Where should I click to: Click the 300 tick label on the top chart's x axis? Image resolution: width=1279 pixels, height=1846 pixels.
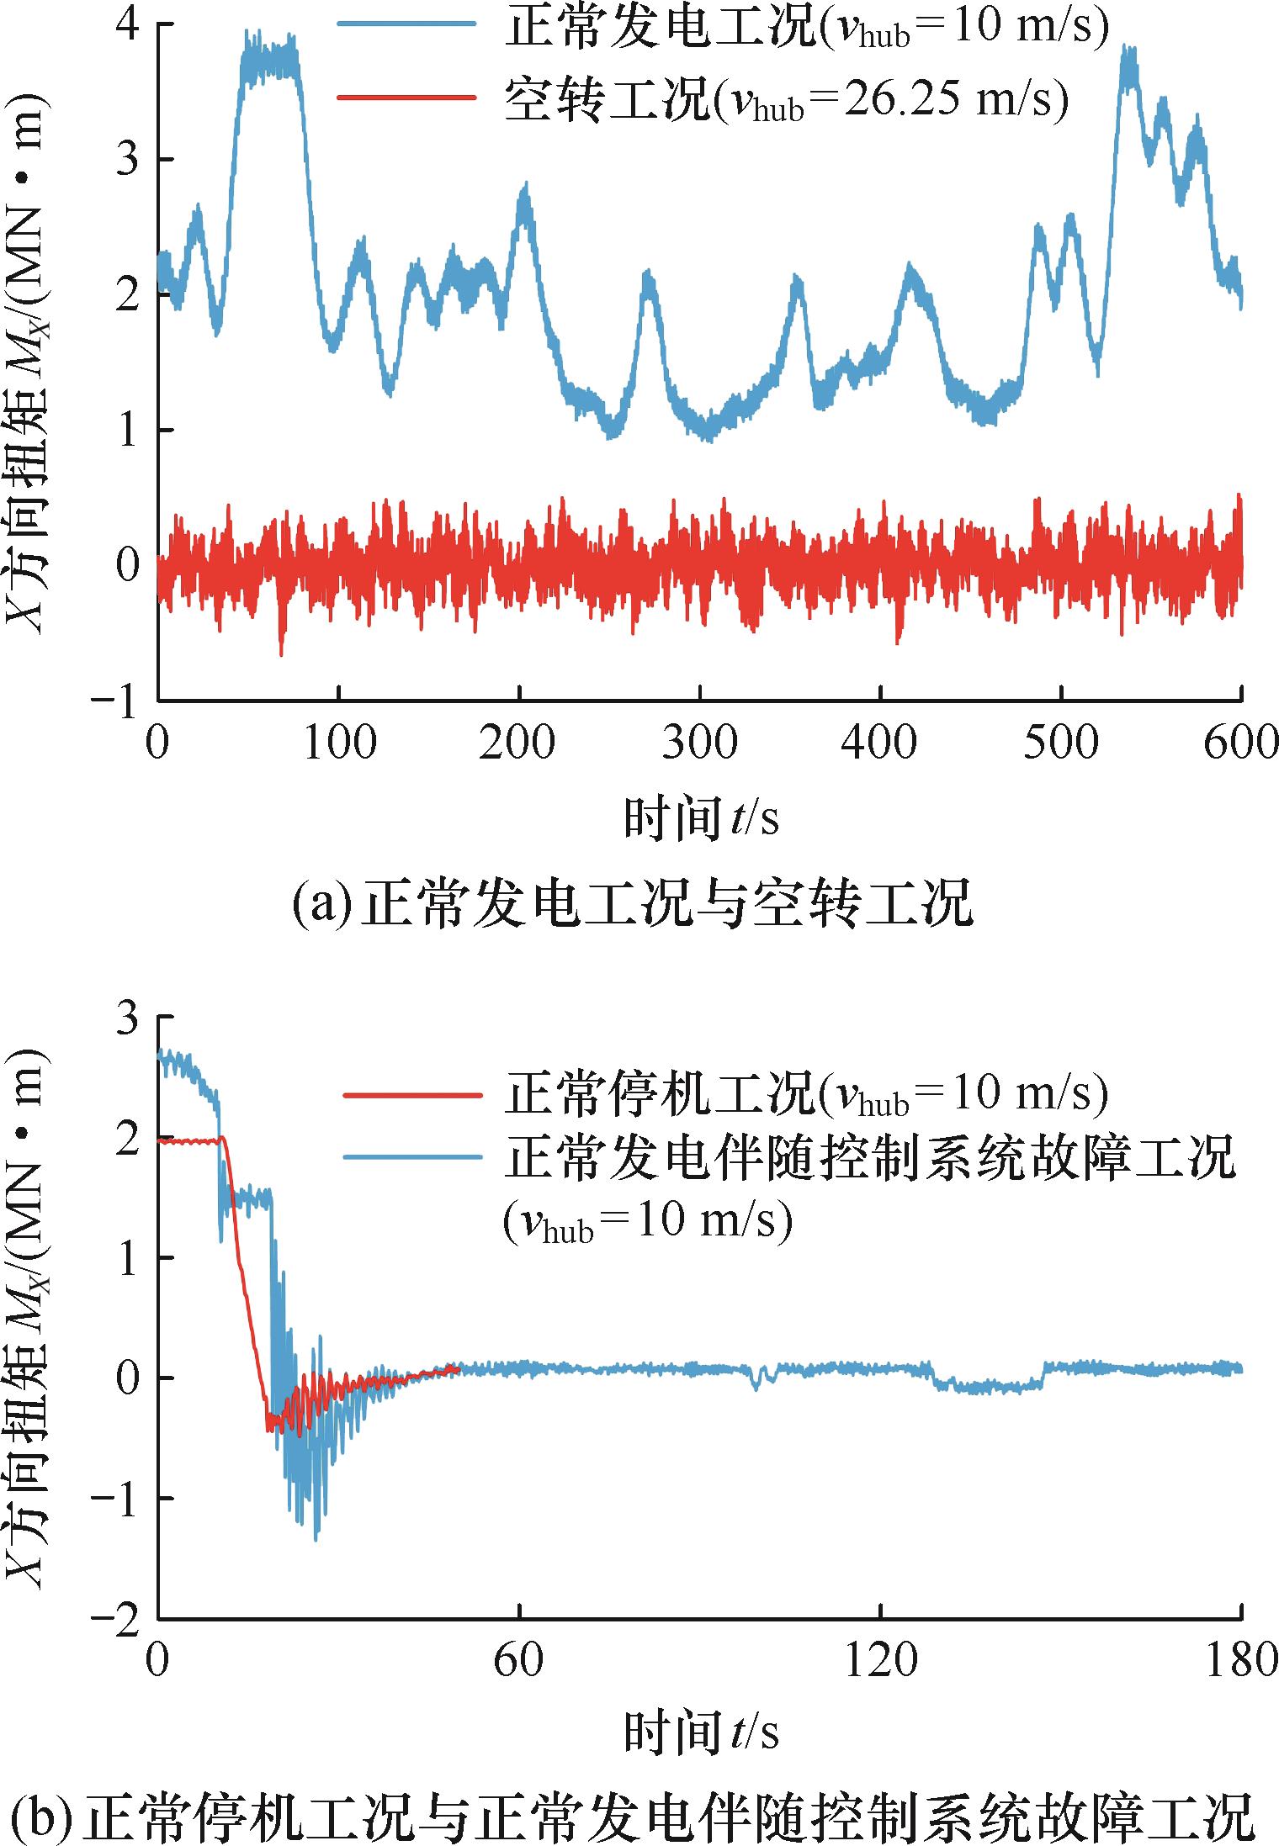click(x=699, y=743)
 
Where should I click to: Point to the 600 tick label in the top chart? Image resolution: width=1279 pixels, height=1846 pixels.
click(x=1241, y=743)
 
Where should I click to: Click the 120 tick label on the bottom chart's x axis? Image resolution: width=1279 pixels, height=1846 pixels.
click(x=880, y=1663)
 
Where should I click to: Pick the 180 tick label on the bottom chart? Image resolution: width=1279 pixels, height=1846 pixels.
click(x=1241, y=1663)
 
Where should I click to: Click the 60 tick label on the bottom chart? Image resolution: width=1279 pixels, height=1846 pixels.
click(x=519, y=1663)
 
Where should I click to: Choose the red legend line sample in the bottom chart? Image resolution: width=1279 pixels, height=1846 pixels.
click(x=412, y=1094)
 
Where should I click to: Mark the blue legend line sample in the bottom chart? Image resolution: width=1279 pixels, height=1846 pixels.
click(x=412, y=1156)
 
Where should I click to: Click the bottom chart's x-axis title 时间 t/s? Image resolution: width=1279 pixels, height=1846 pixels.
click(x=700, y=1733)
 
